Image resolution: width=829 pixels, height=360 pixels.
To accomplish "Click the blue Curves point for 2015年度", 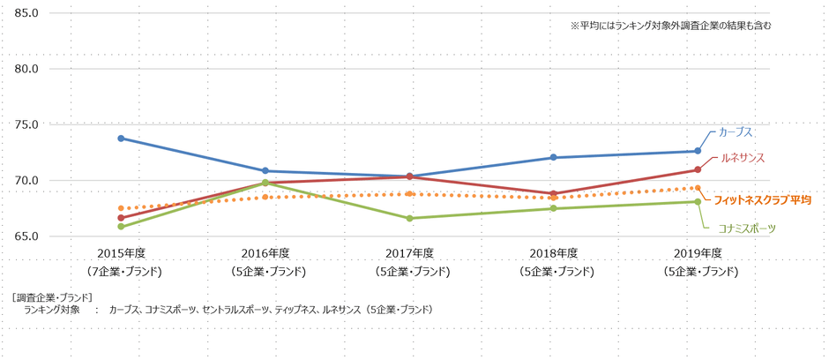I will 121,138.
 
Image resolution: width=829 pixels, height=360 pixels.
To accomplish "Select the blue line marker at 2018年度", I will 554,157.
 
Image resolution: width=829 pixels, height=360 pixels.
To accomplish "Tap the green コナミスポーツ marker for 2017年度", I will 410,218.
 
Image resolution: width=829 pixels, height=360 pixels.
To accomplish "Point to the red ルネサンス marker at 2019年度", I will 698,169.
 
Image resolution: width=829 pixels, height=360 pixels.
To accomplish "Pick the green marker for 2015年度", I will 121,227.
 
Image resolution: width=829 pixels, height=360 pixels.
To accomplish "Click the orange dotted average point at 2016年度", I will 265,197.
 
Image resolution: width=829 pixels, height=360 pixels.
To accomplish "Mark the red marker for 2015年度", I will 121,217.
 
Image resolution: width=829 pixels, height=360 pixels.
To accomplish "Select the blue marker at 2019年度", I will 698,151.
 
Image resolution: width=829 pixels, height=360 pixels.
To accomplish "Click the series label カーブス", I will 736,131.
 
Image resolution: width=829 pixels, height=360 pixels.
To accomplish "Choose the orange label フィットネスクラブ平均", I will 761,200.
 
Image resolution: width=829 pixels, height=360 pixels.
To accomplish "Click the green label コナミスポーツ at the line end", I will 748,228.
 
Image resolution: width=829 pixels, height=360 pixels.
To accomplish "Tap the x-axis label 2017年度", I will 410,253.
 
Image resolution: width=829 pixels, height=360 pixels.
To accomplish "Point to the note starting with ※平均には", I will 670,26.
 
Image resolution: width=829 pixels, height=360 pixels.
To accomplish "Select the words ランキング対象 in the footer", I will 53,310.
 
